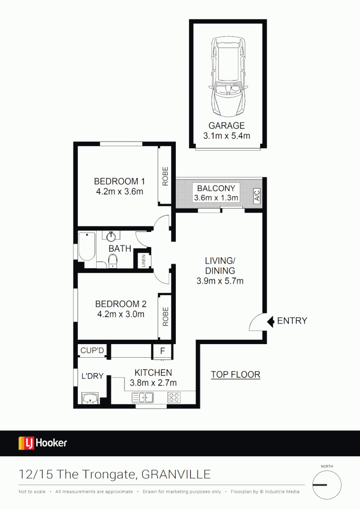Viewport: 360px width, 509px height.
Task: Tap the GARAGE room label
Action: click(x=227, y=126)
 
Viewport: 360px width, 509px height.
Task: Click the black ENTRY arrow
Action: click(x=270, y=321)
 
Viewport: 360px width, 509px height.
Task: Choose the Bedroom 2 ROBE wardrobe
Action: click(x=165, y=316)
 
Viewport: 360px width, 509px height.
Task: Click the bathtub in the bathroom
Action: click(x=87, y=246)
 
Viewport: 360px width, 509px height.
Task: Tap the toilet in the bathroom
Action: click(x=113, y=261)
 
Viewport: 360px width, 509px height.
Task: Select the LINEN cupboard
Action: click(x=144, y=261)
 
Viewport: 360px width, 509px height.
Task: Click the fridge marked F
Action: click(x=163, y=351)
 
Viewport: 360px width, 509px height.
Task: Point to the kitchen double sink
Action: click(x=143, y=397)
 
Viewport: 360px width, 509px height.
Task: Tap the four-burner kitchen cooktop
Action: click(x=174, y=397)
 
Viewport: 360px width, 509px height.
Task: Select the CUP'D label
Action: click(x=92, y=351)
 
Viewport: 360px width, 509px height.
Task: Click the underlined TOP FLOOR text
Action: click(x=235, y=375)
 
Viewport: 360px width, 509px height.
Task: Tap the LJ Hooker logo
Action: click(x=42, y=443)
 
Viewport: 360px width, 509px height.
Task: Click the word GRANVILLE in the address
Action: click(x=176, y=474)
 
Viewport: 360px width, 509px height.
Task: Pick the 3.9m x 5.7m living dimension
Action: click(x=220, y=281)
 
